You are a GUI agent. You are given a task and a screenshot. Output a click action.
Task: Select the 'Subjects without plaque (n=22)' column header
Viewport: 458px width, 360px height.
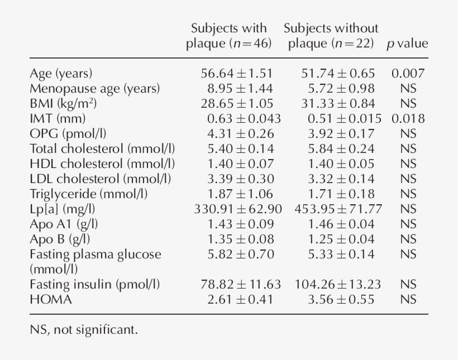tap(331, 36)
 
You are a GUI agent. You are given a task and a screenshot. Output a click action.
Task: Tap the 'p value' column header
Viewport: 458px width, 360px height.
tap(407, 44)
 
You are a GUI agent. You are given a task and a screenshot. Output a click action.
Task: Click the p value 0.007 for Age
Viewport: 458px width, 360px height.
tap(408, 74)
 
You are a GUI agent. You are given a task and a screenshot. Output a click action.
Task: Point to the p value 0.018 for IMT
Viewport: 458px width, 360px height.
tap(408, 119)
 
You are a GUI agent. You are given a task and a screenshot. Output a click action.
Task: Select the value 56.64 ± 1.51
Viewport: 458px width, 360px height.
tap(237, 74)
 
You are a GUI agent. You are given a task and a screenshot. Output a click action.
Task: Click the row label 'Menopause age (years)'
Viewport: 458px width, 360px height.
tap(94, 89)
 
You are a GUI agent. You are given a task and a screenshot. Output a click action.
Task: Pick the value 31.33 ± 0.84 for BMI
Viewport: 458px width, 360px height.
tap(338, 104)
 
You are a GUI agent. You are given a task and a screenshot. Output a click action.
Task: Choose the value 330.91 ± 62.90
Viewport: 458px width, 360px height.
tap(237, 209)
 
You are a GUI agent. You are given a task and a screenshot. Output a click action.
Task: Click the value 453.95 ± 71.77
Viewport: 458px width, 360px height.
tap(338, 209)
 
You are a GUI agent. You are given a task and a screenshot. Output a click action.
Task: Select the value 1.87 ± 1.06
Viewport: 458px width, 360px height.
tap(237, 194)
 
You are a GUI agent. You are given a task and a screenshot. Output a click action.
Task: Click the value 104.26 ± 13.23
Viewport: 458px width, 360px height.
tap(338, 285)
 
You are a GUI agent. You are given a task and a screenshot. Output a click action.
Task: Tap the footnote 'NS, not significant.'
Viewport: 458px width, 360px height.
tap(83, 330)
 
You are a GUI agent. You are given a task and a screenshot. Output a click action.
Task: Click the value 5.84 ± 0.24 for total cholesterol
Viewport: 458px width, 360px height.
tap(338, 149)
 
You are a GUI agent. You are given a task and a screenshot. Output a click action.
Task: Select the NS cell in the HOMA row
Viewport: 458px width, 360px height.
tap(408, 300)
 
